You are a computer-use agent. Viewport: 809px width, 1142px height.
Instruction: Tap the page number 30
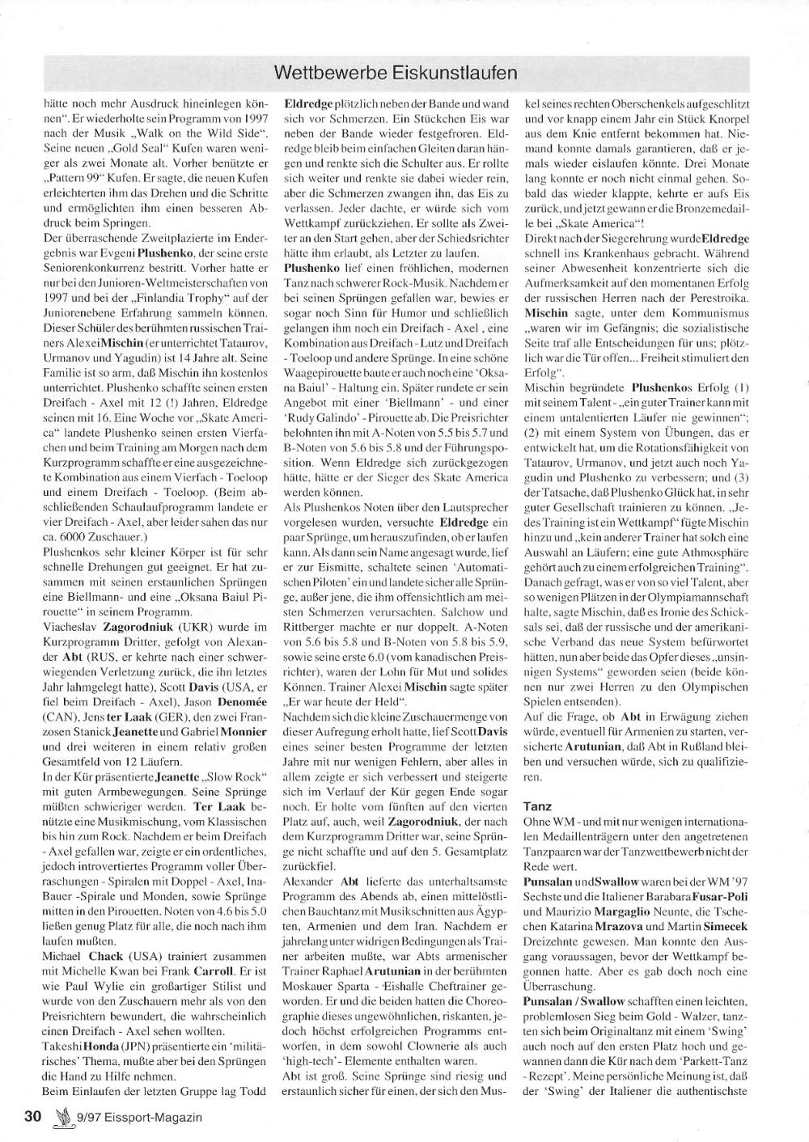(x=32, y=1117)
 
